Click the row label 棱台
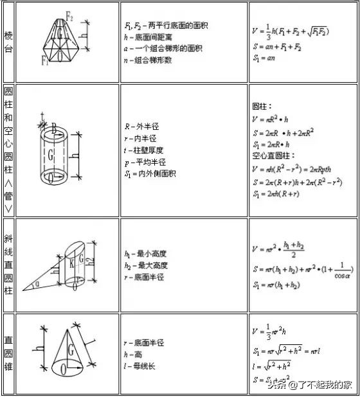point(8,42)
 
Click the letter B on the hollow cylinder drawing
point(54,129)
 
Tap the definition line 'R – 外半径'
point(143,127)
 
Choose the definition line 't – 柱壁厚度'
point(148,150)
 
